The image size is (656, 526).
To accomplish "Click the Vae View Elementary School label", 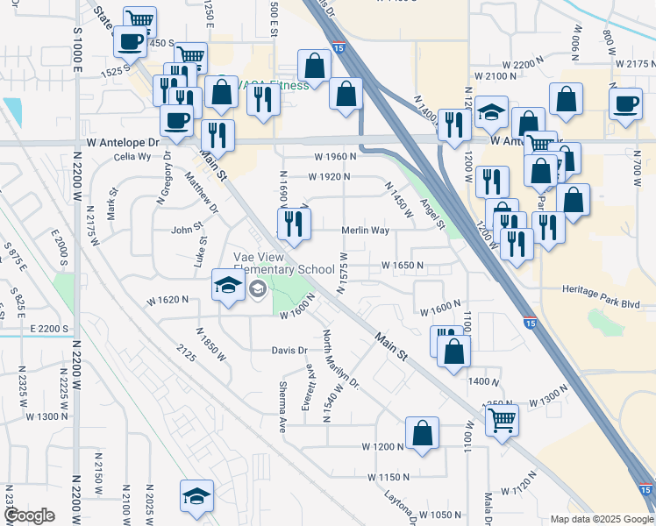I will tap(283, 263).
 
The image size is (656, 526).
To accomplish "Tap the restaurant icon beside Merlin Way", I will tap(294, 225).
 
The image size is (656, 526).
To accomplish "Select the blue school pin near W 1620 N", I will tap(227, 288).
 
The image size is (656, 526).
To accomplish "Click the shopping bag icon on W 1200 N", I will tap(422, 433).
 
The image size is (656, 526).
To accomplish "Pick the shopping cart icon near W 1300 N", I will tap(501, 420).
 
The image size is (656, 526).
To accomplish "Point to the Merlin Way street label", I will tap(365, 231).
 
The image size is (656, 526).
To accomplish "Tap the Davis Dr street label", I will tap(290, 351).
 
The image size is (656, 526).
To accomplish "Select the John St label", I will tap(187, 231).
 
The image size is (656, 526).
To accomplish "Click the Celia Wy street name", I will tap(133, 157).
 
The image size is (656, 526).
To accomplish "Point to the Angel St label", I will tap(432, 214).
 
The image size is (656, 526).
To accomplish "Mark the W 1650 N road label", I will tap(403, 265).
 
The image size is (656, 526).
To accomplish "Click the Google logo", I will tap(29, 515).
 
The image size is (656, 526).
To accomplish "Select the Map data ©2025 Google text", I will tap(602, 519).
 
